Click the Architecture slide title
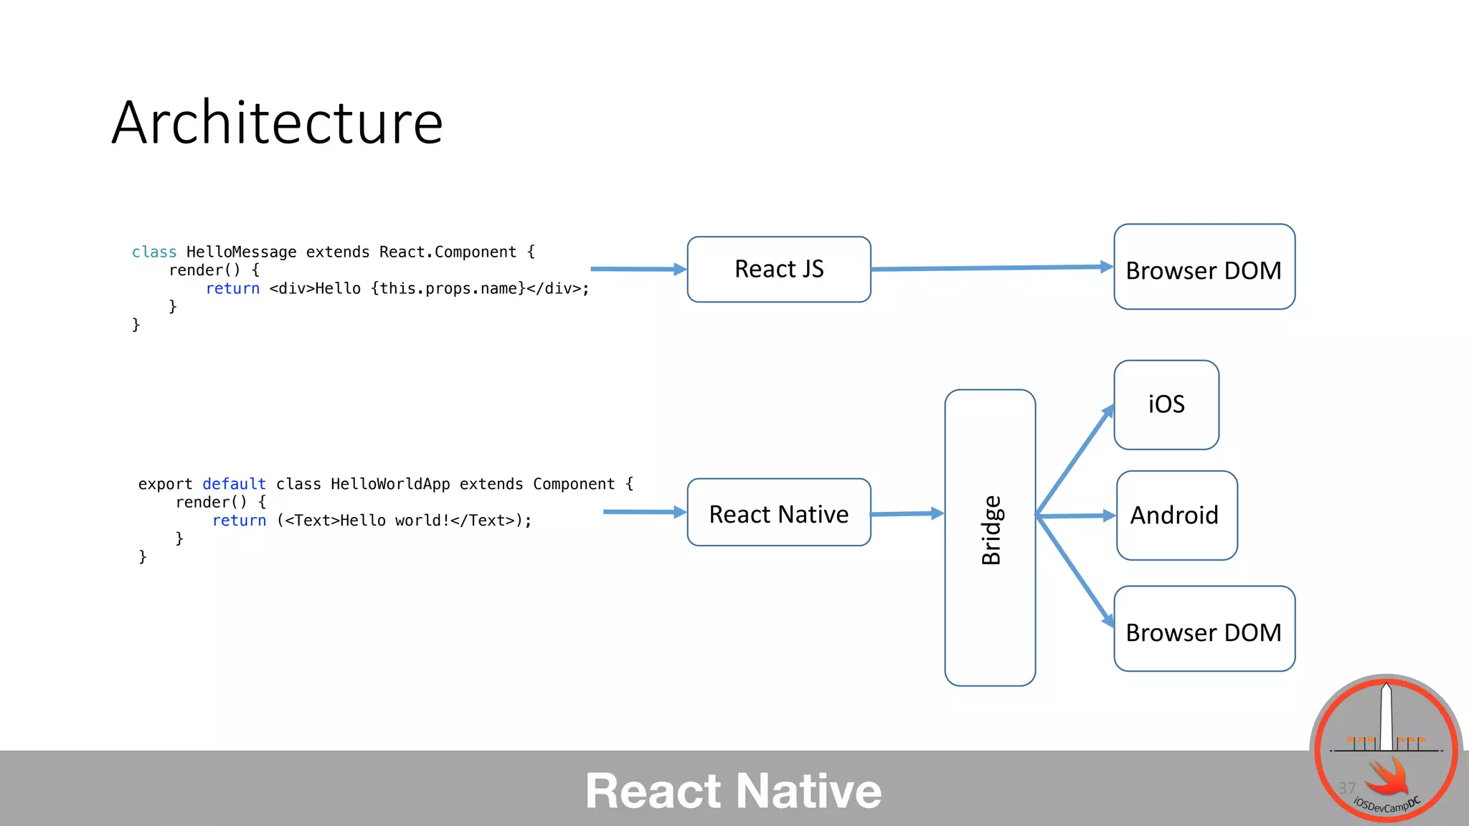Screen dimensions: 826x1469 [278, 123]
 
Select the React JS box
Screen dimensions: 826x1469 [779, 269]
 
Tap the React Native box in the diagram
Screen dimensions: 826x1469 [779, 513]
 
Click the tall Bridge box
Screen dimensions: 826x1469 [990, 538]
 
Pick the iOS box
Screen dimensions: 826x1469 [1166, 405]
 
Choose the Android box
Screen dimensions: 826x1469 [1176, 516]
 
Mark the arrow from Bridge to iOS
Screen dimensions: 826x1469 [1074, 461]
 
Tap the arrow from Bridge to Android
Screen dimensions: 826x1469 [1076, 516]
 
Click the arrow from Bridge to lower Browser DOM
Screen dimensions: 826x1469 [1074, 570]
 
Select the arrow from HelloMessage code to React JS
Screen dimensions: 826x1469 [638, 269]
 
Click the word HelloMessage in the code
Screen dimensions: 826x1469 [241, 252]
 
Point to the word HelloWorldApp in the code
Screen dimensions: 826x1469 [390, 485]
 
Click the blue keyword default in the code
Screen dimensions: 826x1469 [234, 485]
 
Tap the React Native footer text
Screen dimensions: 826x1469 [733, 791]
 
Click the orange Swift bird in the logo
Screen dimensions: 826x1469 [1388, 778]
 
